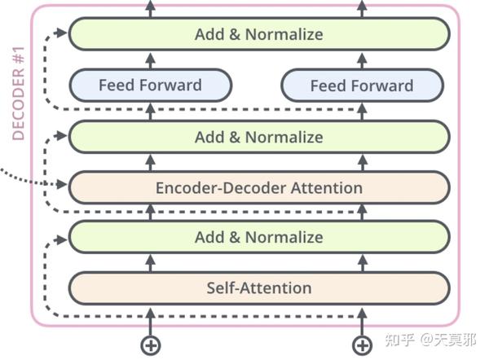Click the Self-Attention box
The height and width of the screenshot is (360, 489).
(x=258, y=288)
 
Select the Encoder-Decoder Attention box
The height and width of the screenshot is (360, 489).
(x=258, y=187)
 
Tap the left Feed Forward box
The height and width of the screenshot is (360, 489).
(x=150, y=85)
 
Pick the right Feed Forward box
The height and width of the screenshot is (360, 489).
(x=362, y=85)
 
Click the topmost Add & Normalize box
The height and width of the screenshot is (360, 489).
(x=258, y=34)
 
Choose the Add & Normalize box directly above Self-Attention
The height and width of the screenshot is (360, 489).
(x=258, y=237)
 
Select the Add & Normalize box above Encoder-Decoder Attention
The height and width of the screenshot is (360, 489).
(x=258, y=137)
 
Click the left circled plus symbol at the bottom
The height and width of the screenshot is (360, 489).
(x=150, y=345)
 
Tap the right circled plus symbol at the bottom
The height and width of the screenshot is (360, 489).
(x=362, y=345)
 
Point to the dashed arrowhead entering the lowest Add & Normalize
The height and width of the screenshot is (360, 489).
(x=62, y=237)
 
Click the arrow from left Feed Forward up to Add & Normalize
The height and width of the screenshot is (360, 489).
(x=150, y=59)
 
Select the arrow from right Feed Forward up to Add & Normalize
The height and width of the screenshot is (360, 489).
(x=362, y=59)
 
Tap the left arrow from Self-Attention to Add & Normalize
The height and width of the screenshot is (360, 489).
(x=150, y=262)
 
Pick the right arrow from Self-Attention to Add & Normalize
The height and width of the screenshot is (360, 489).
(x=362, y=262)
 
